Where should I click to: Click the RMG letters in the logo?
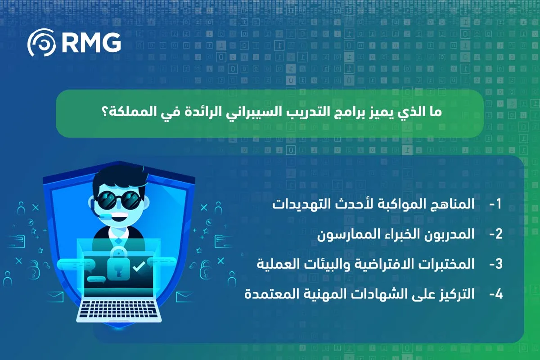point(91,42)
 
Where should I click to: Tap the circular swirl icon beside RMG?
point(41,42)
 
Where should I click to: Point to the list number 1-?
point(495,204)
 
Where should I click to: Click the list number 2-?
point(495,234)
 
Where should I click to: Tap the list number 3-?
point(495,264)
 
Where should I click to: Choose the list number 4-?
point(495,294)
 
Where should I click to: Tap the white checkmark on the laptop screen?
point(139,266)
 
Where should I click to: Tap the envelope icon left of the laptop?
point(55,297)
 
